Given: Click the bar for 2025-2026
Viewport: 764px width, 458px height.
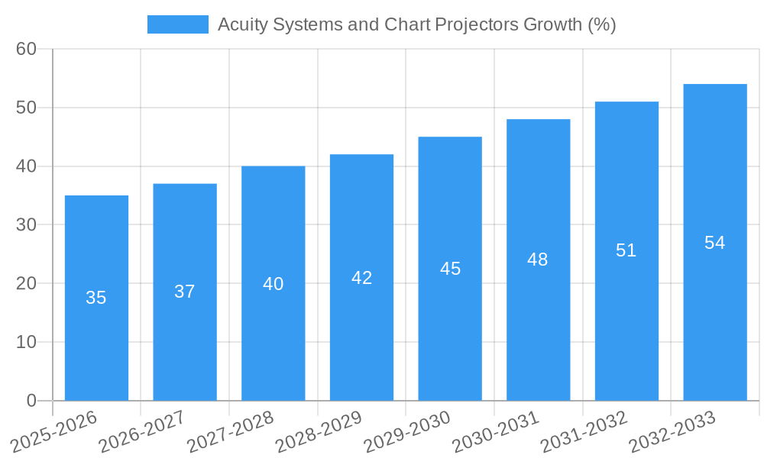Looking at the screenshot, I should coord(96,298).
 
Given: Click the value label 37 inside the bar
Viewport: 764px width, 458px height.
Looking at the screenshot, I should coord(185,292).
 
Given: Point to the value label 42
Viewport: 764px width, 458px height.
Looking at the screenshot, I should coord(362,278).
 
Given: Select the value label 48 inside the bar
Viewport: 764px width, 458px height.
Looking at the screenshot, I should coord(538,260).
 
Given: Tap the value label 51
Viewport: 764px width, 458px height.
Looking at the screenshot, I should coord(626,250).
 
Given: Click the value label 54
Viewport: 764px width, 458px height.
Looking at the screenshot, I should coord(715,243).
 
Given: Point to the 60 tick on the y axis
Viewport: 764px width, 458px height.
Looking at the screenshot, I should coord(26,49).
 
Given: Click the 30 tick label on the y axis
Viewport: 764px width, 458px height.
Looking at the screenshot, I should coord(26,224).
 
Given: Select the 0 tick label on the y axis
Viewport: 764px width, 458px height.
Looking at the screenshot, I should coord(31,400).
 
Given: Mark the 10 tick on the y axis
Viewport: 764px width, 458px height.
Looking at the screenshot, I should coord(26,342).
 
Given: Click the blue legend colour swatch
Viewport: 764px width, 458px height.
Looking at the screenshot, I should coord(177,24).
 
